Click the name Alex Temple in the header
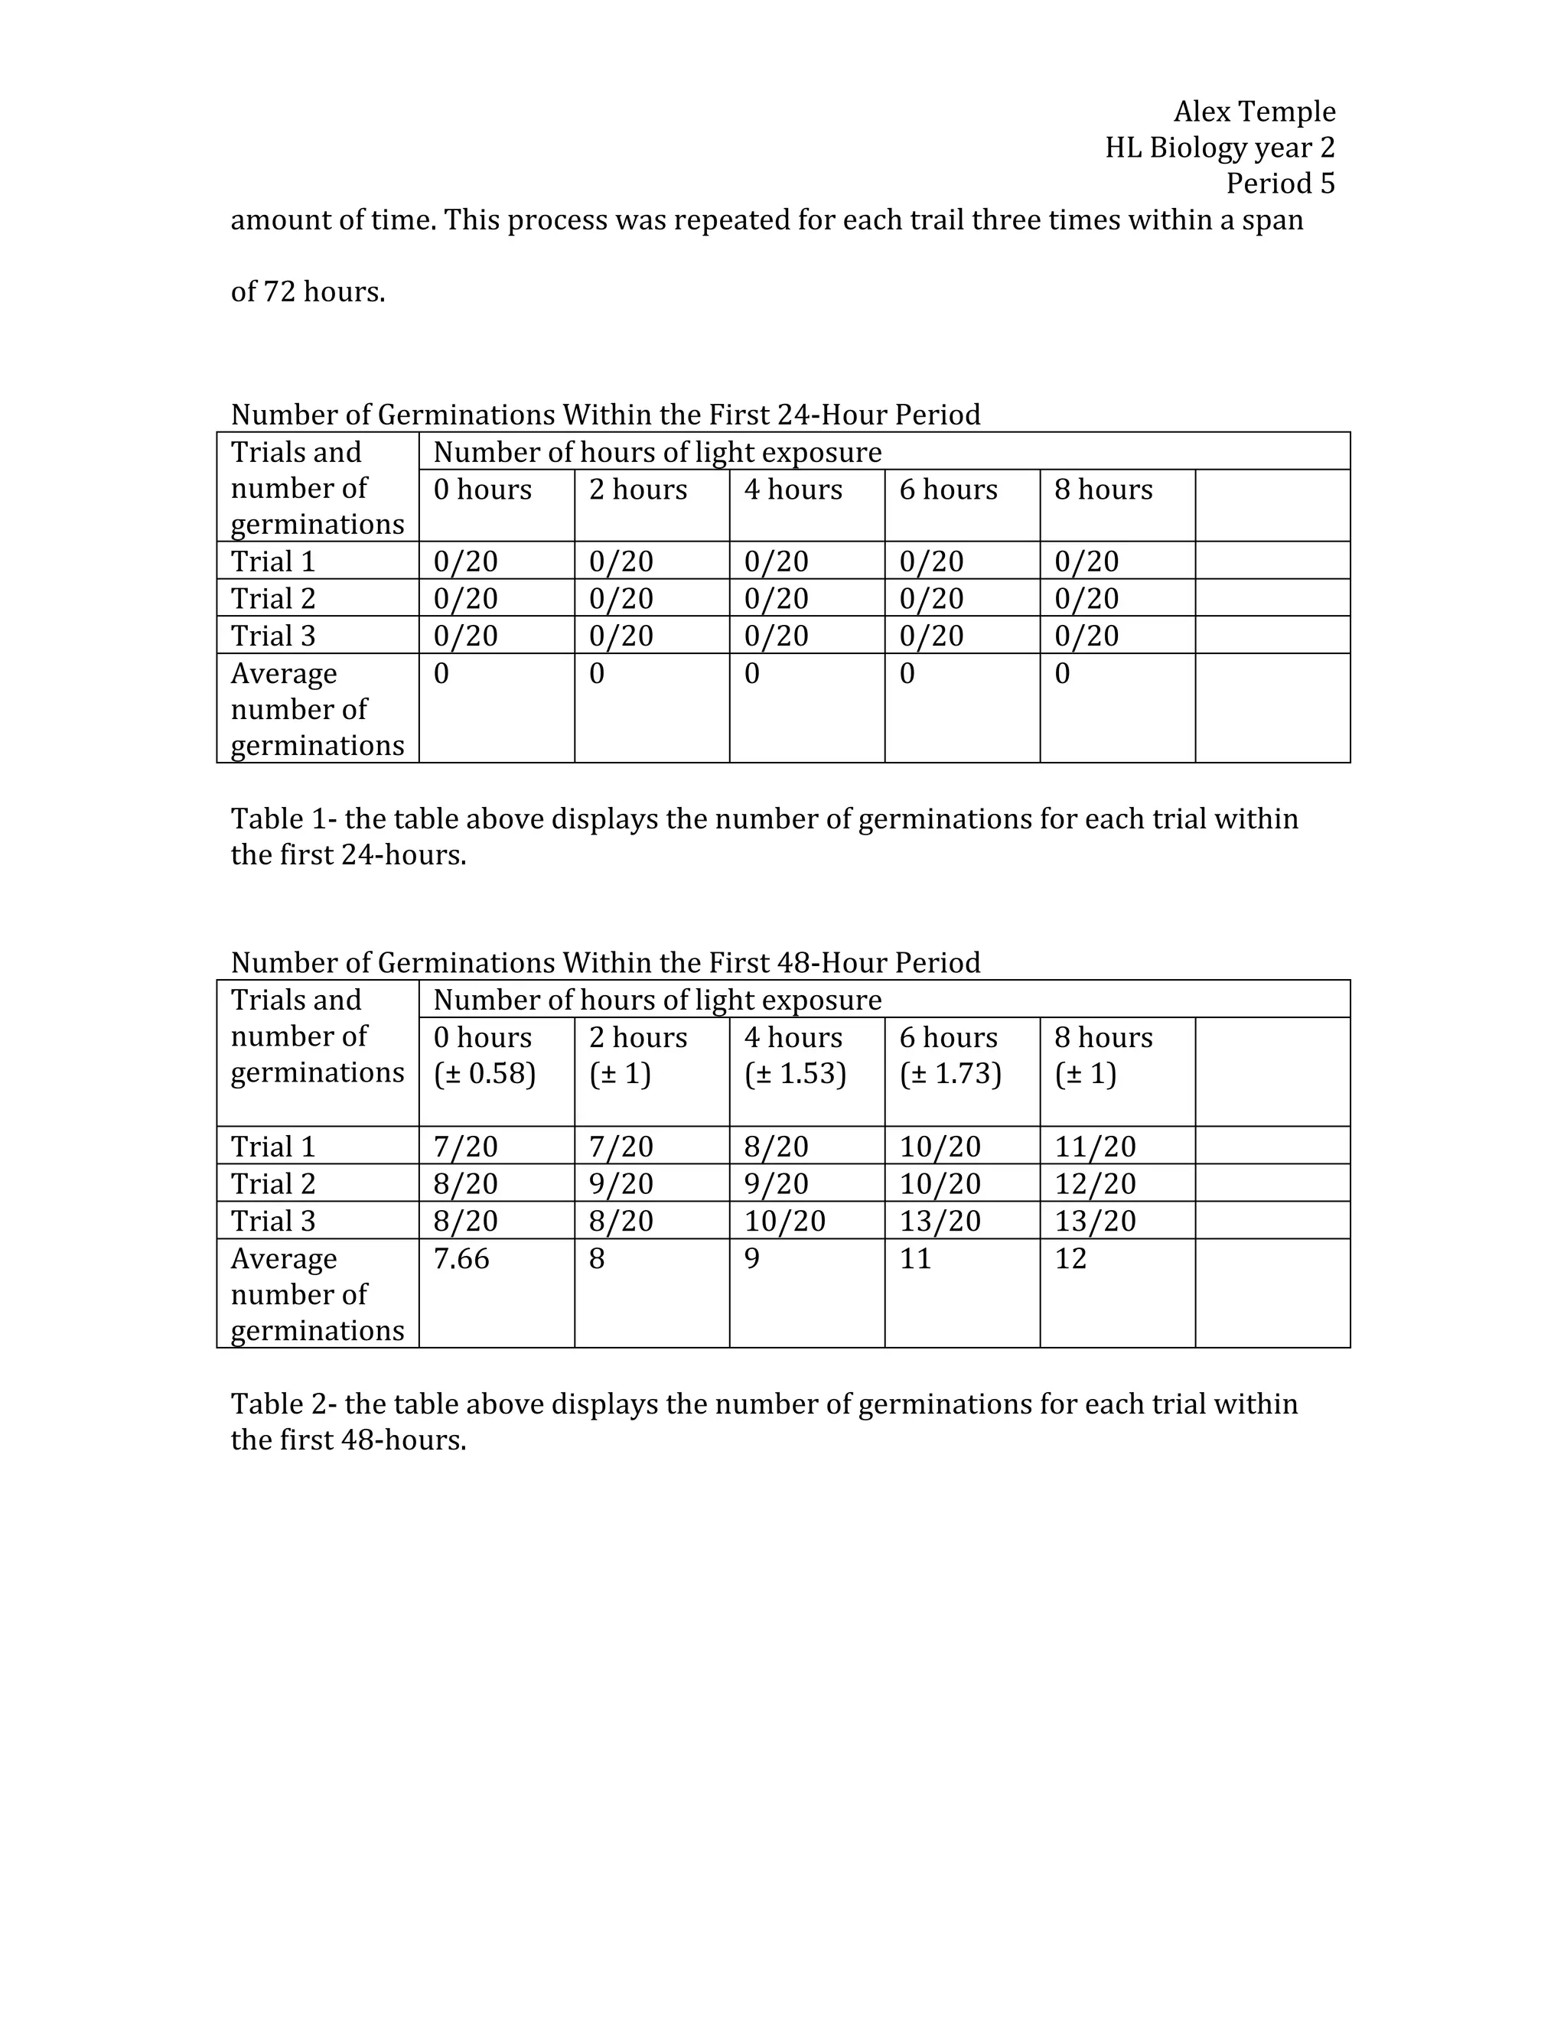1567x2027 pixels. coord(1253,112)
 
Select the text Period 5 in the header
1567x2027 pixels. coord(1279,184)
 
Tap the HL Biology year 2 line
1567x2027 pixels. coord(1219,148)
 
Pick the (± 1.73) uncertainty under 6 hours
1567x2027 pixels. coord(950,1074)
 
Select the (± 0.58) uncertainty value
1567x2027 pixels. coord(484,1074)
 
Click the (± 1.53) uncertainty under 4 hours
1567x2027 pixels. coord(795,1074)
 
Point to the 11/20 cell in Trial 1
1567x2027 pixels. coord(1094,1147)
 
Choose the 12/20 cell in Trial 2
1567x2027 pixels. coord(1094,1183)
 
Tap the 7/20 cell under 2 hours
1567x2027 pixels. coord(620,1147)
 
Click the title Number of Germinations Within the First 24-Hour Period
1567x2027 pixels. coord(605,414)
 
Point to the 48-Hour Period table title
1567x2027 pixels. coord(605,962)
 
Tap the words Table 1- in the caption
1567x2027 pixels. coord(284,818)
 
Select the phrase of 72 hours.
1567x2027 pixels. coord(308,292)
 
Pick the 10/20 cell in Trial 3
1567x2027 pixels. coord(784,1221)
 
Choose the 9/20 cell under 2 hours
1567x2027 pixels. coord(620,1183)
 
